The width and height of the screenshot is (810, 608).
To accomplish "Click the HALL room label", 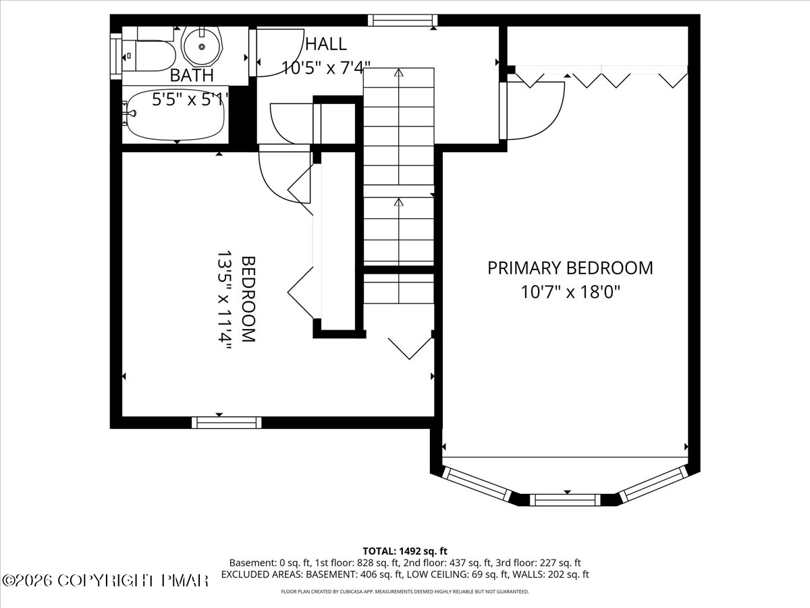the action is click(326, 45).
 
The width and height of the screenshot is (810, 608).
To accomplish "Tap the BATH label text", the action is click(192, 75).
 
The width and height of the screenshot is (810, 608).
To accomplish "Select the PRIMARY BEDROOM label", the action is click(570, 268).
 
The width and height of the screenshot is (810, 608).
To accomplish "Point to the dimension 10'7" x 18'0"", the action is click(570, 292).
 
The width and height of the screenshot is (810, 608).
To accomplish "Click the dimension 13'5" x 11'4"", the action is click(224, 301).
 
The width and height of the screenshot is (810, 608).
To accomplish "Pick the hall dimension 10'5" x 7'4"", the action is click(326, 68).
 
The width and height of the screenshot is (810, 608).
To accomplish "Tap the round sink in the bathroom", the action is click(202, 46).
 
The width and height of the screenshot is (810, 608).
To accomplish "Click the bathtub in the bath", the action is click(175, 114).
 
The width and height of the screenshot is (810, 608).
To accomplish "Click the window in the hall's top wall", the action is click(402, 20).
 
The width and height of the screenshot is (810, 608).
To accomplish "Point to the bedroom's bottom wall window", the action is click(227, 423).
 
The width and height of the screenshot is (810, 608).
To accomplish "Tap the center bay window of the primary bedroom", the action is click(565, 500).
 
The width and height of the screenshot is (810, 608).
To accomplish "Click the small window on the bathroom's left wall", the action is click(116, 56).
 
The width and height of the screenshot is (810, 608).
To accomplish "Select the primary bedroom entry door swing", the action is click(533, 111).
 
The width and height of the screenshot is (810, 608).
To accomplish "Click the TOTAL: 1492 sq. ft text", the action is click(405, 551).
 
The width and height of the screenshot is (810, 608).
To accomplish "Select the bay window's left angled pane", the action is click(477, 484).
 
